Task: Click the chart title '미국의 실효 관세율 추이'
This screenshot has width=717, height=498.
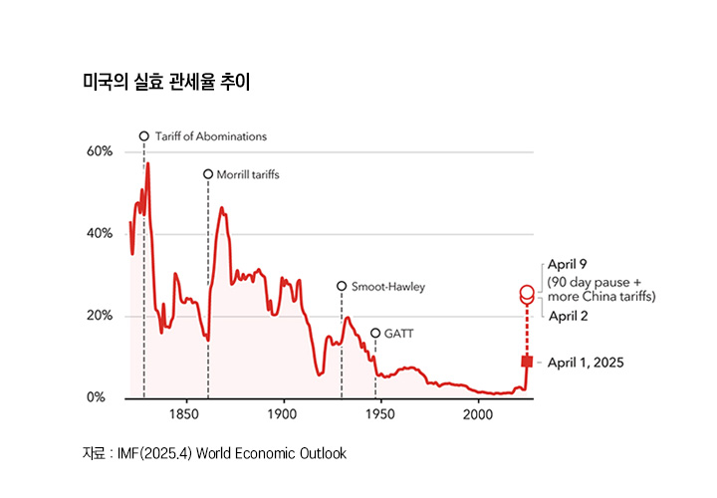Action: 165,82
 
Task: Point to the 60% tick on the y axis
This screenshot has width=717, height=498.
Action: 100,151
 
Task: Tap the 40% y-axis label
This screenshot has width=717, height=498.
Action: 100,234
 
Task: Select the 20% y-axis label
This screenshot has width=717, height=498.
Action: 100,316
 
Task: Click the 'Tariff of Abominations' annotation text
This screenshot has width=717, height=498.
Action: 211,136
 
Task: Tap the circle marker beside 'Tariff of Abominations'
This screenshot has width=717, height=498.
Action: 143,136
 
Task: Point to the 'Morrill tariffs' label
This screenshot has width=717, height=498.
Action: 248,174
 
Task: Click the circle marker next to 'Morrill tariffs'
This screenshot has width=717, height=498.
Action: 208,174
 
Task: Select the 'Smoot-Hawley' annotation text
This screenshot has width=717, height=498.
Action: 388,287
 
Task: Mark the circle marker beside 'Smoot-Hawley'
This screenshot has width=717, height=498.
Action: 342,286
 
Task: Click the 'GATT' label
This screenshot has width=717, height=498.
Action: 398,334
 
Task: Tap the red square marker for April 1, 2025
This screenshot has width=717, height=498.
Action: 527,362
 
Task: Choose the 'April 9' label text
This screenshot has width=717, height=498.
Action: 568,266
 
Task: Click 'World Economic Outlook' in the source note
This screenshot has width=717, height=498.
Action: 271,453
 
